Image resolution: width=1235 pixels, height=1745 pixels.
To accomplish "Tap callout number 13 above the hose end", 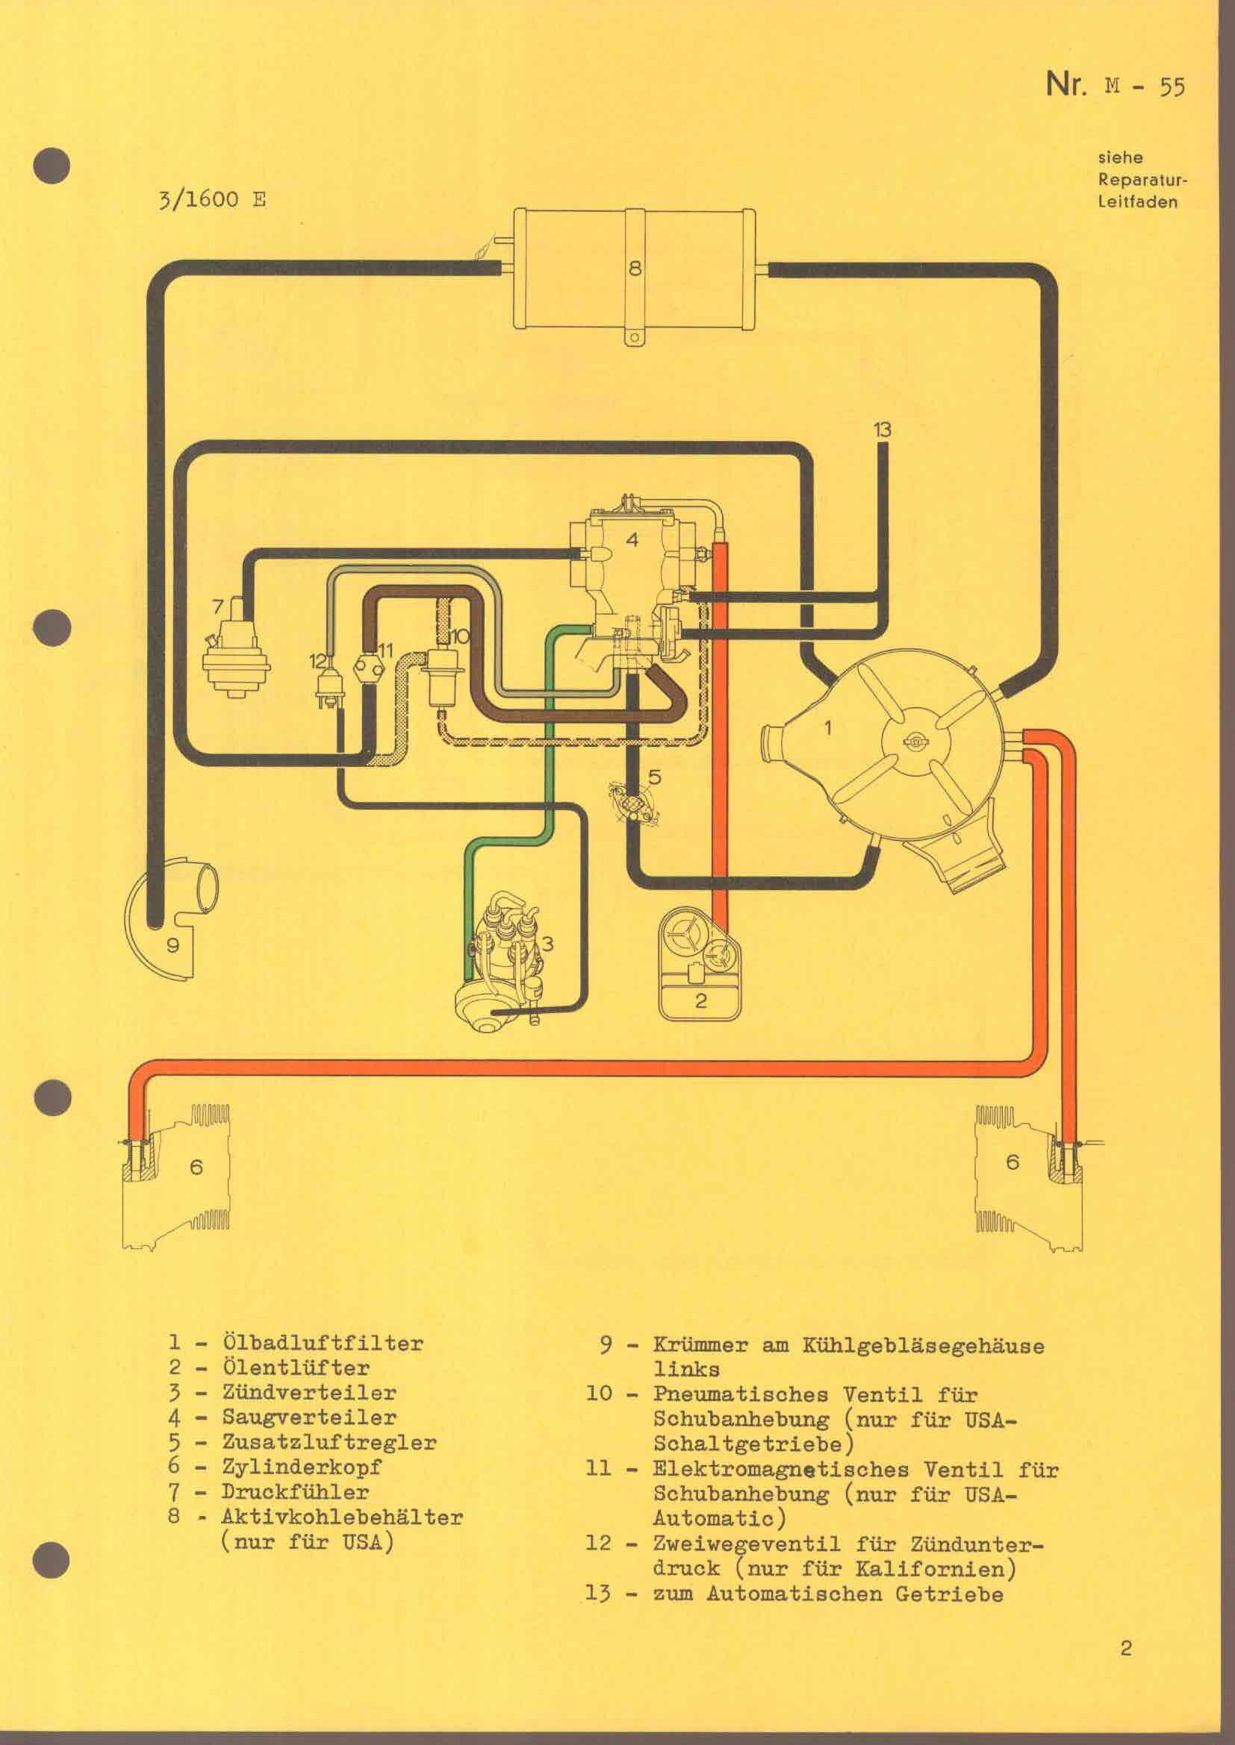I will click(x=881, y=430).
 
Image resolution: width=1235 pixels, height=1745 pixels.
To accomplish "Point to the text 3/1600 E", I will click(x=211, y=201).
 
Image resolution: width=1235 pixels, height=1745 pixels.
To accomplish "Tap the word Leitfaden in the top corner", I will click(x=1138, y=202).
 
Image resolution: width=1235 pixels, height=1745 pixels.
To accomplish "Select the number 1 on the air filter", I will click(x=828, y=728).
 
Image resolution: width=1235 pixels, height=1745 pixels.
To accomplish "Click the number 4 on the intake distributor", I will click(x=632, y=539).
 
